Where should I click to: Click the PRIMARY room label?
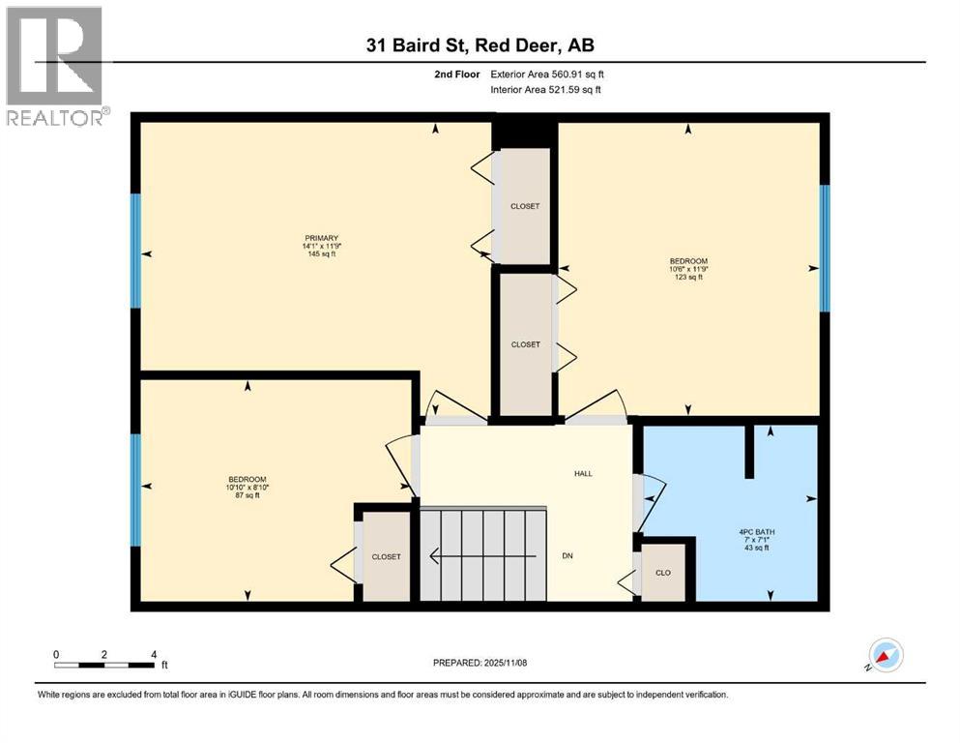coord(321,238)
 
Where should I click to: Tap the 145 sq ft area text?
coord(321,254)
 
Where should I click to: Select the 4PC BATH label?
coord(758,530)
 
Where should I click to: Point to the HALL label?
coord(582,473)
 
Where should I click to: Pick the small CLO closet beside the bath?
coord(663,573)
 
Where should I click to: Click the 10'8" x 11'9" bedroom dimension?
coord(688,270)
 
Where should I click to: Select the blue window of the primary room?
coord(135,253)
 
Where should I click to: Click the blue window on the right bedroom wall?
coord(825,249)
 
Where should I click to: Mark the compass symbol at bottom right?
coord(885,655)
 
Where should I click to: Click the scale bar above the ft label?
coord(104,665)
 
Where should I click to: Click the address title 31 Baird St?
coord(480,45)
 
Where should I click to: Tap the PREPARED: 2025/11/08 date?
coord(480,663)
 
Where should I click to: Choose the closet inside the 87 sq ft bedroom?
coord(386,556)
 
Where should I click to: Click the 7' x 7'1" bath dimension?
coord(758,540)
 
